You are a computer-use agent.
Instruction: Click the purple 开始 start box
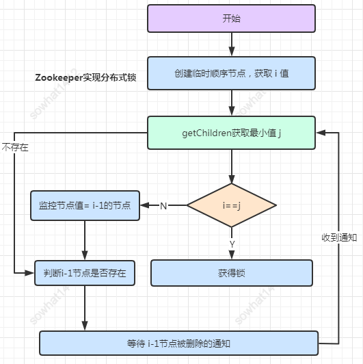click(231, 18)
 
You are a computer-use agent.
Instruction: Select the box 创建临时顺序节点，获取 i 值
click(231, 73)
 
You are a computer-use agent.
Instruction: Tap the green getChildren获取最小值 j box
click(231, 133)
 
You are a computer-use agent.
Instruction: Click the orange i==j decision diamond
click(231, 205)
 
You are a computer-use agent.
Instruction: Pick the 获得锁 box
click(231, 272)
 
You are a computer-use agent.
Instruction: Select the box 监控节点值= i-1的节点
click(85, 205)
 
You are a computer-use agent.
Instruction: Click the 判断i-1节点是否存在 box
click(85, 272)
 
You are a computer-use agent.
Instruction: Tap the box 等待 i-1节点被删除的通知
click(178, 343)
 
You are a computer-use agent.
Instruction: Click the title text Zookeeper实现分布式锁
click(85, 77)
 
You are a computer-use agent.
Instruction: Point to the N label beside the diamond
click(163, 205)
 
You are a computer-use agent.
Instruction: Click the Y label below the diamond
click(232, 243)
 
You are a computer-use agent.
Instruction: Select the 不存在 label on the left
click(15, 147)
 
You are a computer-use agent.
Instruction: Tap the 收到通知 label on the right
click(339, 237)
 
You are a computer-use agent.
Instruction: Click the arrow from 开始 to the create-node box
click(231, 44)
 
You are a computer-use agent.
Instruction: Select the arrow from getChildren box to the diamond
click(231, 166)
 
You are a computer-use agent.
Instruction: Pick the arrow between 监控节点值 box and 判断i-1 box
click(85, 239)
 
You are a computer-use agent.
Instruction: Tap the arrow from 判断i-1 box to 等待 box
click(85, 308)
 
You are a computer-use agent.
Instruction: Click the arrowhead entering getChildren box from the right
click(320, 133)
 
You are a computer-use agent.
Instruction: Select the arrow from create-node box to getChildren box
click(231, 103)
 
